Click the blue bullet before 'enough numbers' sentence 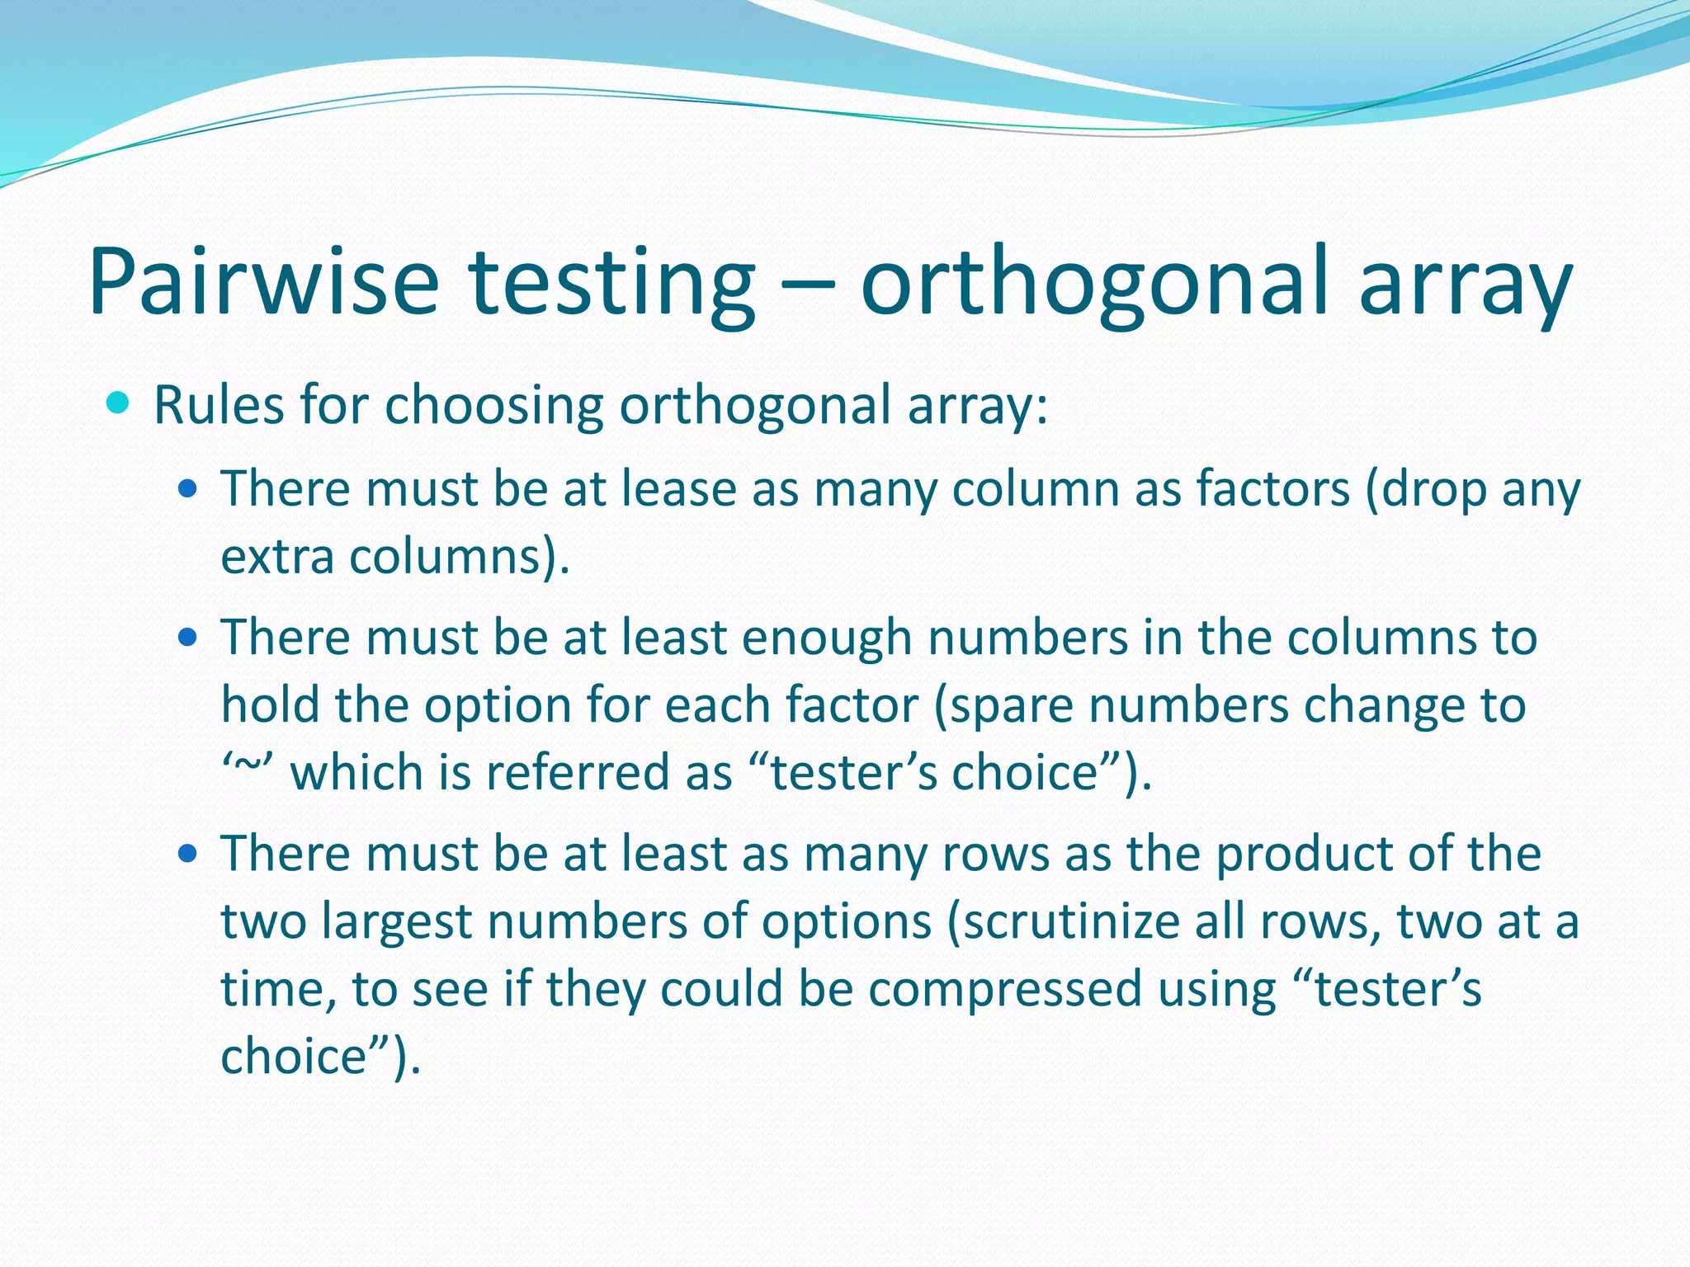click(x=188, y=638)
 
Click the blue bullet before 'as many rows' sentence click(x=188, y=853)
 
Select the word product click(x=1304, y=855)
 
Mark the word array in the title click(x=1465, y=282)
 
